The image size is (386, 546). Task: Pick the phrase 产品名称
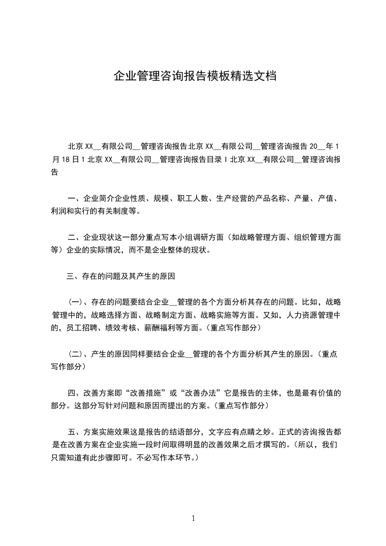tap(270, 199)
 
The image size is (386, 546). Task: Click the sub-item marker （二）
tap(75, 354)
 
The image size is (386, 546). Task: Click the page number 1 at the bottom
tap(193, 518)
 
